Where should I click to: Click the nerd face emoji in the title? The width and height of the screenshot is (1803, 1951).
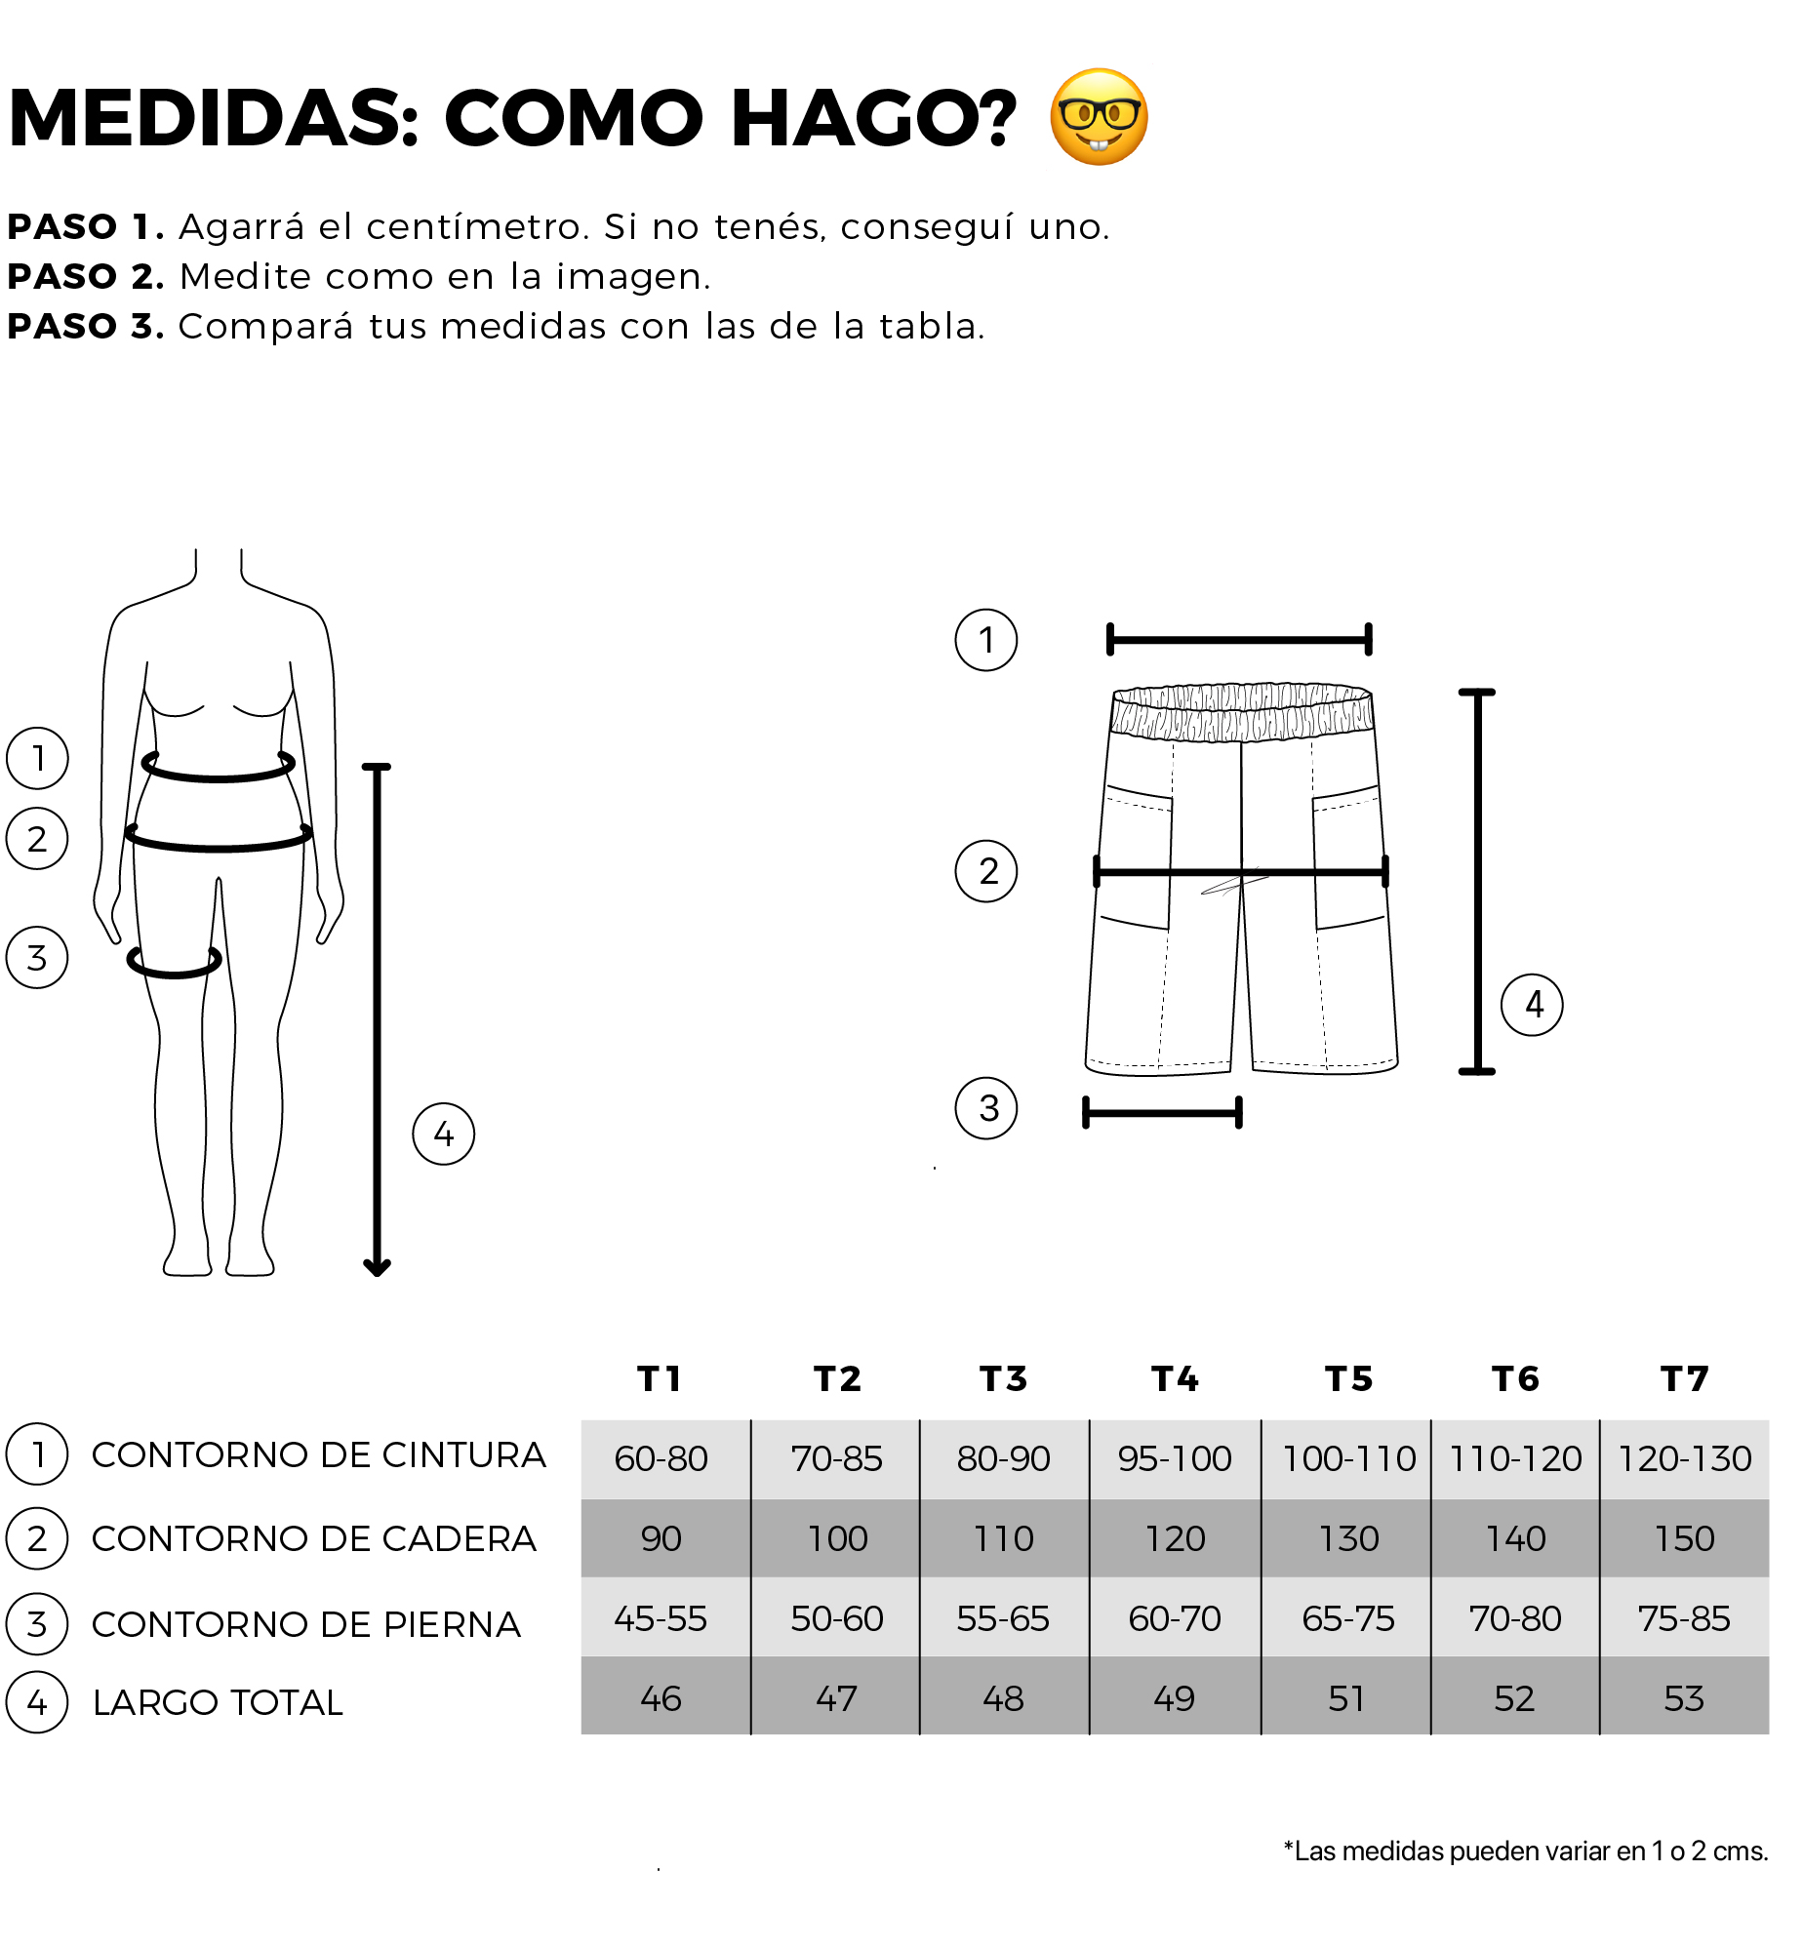1099,117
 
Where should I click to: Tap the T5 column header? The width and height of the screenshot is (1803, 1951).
1349,1378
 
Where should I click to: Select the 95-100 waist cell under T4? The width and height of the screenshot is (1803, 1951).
1175,1458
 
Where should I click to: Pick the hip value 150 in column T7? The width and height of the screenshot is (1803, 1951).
1685,1538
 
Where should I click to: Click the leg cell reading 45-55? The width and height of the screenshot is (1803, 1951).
661,1618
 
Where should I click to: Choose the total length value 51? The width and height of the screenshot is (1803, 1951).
1346,1698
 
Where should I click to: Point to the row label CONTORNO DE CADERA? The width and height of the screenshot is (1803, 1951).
314,1538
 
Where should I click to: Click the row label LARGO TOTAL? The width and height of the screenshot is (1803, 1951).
219,1702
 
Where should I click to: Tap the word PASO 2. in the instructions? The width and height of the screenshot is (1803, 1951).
86,277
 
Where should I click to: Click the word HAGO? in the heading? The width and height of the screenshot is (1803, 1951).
873,118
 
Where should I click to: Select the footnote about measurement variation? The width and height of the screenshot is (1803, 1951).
1526,1851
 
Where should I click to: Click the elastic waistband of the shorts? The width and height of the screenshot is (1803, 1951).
1242,711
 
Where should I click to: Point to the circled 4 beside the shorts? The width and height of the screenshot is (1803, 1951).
1532,1005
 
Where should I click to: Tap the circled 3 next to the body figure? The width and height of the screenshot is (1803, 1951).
37,958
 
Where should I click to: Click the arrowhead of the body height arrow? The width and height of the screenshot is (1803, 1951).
377,1267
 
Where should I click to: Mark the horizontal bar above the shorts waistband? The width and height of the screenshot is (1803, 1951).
1240,640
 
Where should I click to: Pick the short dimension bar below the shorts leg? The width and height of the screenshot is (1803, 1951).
1162,1112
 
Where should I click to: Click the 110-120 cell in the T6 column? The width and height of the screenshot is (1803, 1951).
1515,1458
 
